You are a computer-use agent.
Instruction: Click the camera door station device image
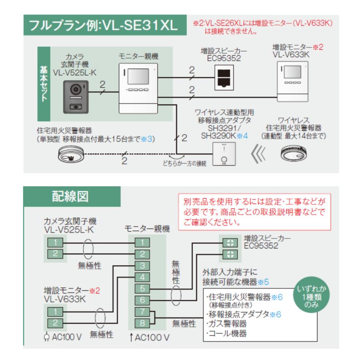coord(75,96)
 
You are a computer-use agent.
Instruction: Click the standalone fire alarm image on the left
coord(70,154)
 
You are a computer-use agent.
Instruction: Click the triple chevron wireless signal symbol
coord(260,155)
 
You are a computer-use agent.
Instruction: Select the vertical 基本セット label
coord(44,84)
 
